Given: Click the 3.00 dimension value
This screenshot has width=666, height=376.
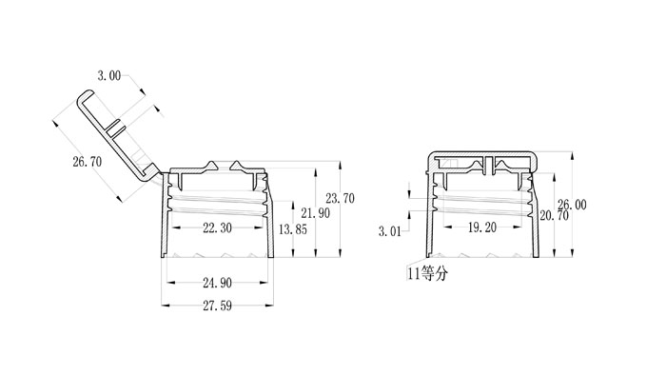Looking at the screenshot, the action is (109, 76).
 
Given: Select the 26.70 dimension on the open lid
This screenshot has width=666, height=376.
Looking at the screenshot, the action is (88, 162).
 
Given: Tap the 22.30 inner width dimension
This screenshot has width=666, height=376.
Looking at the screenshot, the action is (217, 228).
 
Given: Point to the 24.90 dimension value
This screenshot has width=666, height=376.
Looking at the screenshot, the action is (217, 283).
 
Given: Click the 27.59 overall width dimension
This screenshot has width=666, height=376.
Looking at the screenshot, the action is (217, 306).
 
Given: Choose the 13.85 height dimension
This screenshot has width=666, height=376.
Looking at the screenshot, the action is (293, 229).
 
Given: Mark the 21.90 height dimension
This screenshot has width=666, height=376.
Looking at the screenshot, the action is (316, 213).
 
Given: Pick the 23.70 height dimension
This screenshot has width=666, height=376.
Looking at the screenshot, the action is (340, 198).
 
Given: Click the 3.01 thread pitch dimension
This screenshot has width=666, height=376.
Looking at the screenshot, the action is (389, 231).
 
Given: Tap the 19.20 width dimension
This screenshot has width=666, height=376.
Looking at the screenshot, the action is (482, 228).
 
